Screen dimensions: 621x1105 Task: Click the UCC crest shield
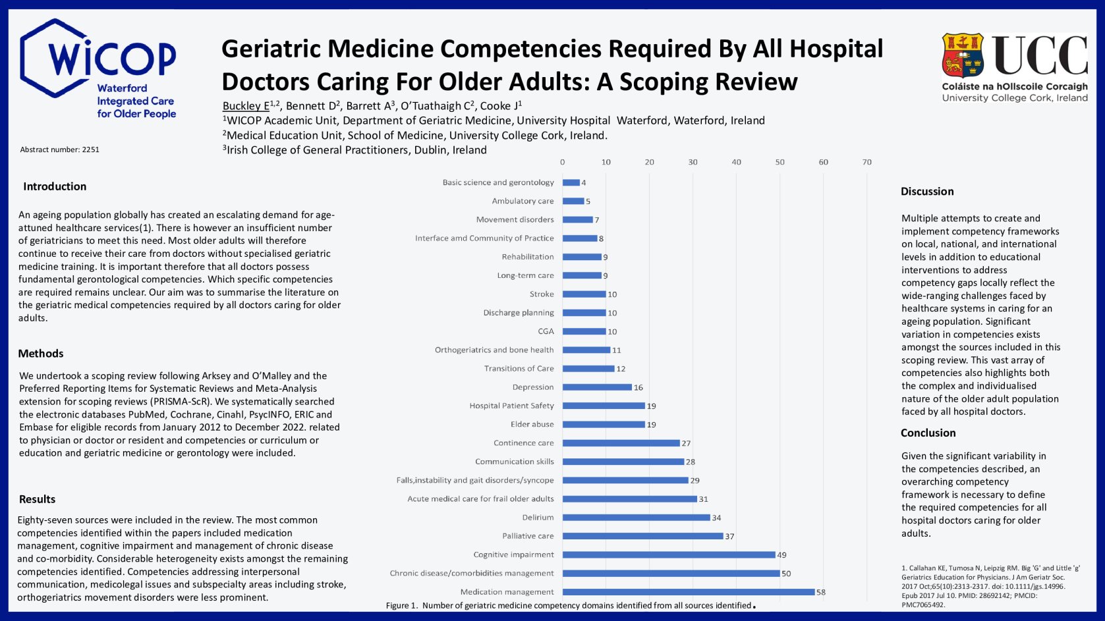tap(963, 55)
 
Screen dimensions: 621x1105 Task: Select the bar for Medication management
tap(689, 592)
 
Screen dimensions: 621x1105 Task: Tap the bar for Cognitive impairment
tap(669, 554)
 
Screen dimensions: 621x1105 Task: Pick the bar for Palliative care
tap(642, 536)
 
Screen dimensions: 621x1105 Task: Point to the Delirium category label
tap(538, 518)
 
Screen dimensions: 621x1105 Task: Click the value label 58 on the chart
tap(821, 592)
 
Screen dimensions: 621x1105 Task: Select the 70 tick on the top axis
tap(866, 162)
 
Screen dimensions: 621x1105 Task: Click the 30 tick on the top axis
tap(693, 162)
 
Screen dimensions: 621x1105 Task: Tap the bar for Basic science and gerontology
tap(571, 182)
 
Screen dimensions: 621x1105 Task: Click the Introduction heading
tap(55, 186)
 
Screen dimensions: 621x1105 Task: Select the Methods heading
tap(41, 354)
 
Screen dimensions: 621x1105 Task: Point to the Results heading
tap(37, 499)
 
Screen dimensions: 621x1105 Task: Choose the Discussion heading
tap(927, 192)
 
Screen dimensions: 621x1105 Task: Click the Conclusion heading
tap(928, 433)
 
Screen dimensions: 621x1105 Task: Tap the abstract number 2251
tap(60, 149)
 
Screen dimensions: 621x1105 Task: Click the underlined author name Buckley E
tap(246, 106)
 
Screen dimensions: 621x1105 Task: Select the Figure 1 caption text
tap(569, 605)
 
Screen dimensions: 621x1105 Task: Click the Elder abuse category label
tap(532, 424)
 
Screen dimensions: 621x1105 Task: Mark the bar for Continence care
tap(621, 443)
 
